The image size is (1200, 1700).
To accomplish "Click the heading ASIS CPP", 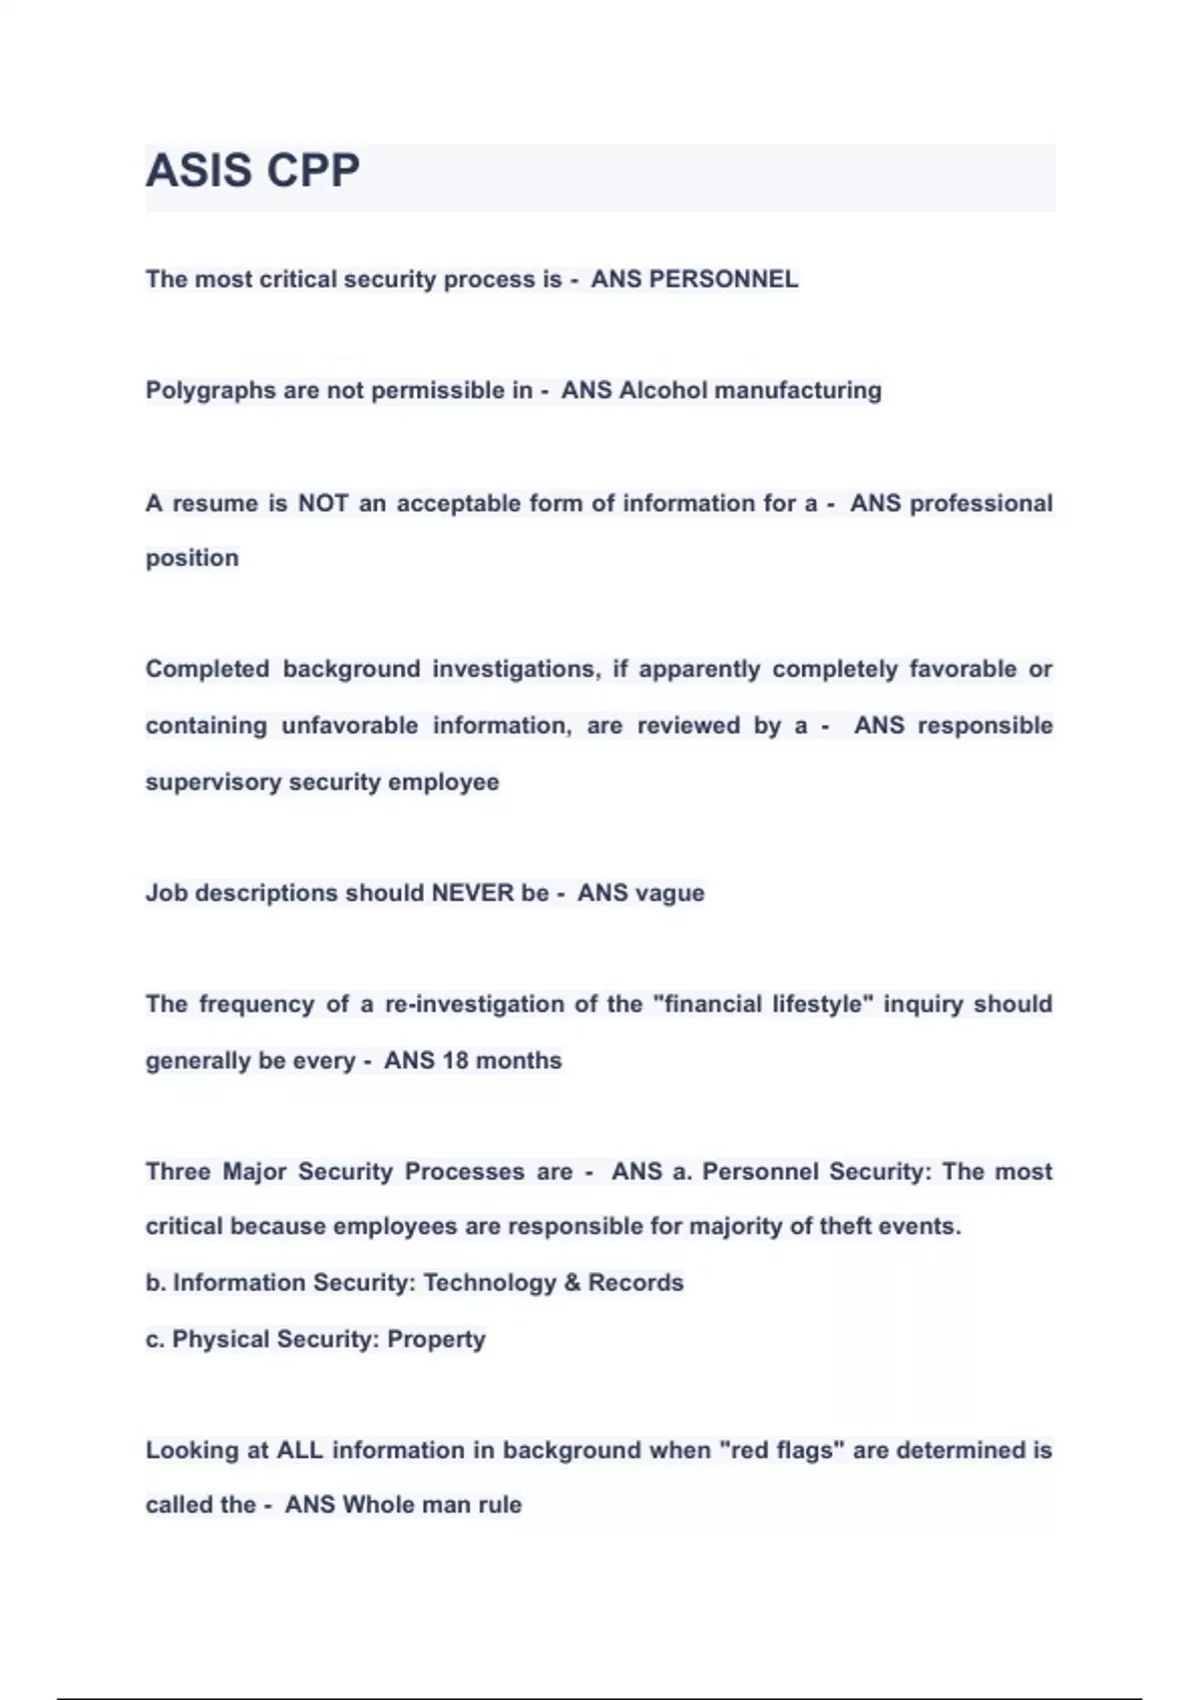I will (x=252, y=170).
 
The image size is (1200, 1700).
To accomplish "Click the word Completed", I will (x=207, y=669).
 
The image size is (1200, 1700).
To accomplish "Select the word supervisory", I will (x=213, y=782).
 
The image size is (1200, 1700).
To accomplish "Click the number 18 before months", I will (x=455, y=1060).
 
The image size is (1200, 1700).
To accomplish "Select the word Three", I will (x=178, y=1171).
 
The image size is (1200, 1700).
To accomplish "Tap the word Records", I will (x=636, y=1283).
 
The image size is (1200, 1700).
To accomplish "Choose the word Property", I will (x=436, y=1340).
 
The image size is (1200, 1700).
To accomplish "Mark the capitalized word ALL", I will (x=299, y=1450).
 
